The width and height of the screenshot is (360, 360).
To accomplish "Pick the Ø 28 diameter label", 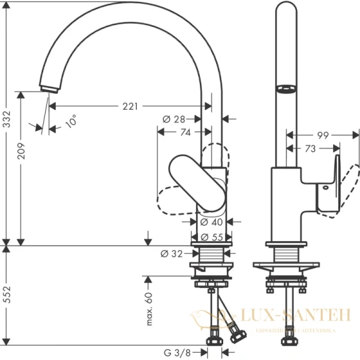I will pyautogui.click(x=174, y=119).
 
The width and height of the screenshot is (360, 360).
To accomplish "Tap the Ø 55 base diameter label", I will pyautogui.click(x=211, y=236).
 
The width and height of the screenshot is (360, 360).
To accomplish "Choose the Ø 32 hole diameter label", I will pyautogui.click(x=171, y=253).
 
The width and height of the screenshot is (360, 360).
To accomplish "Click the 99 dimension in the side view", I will pyautogui.click(x=322, y=136).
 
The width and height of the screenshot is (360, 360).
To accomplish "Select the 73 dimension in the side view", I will pyautogui.click(x=310, y=148).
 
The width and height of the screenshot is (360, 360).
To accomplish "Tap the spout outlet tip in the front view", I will pyautogui.click(x=47, y=88).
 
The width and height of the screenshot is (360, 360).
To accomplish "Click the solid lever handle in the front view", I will pyautogui.click(x=197, y=182).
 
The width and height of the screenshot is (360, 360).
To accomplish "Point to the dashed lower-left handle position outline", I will pyautogui.click(x=174, y=201).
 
